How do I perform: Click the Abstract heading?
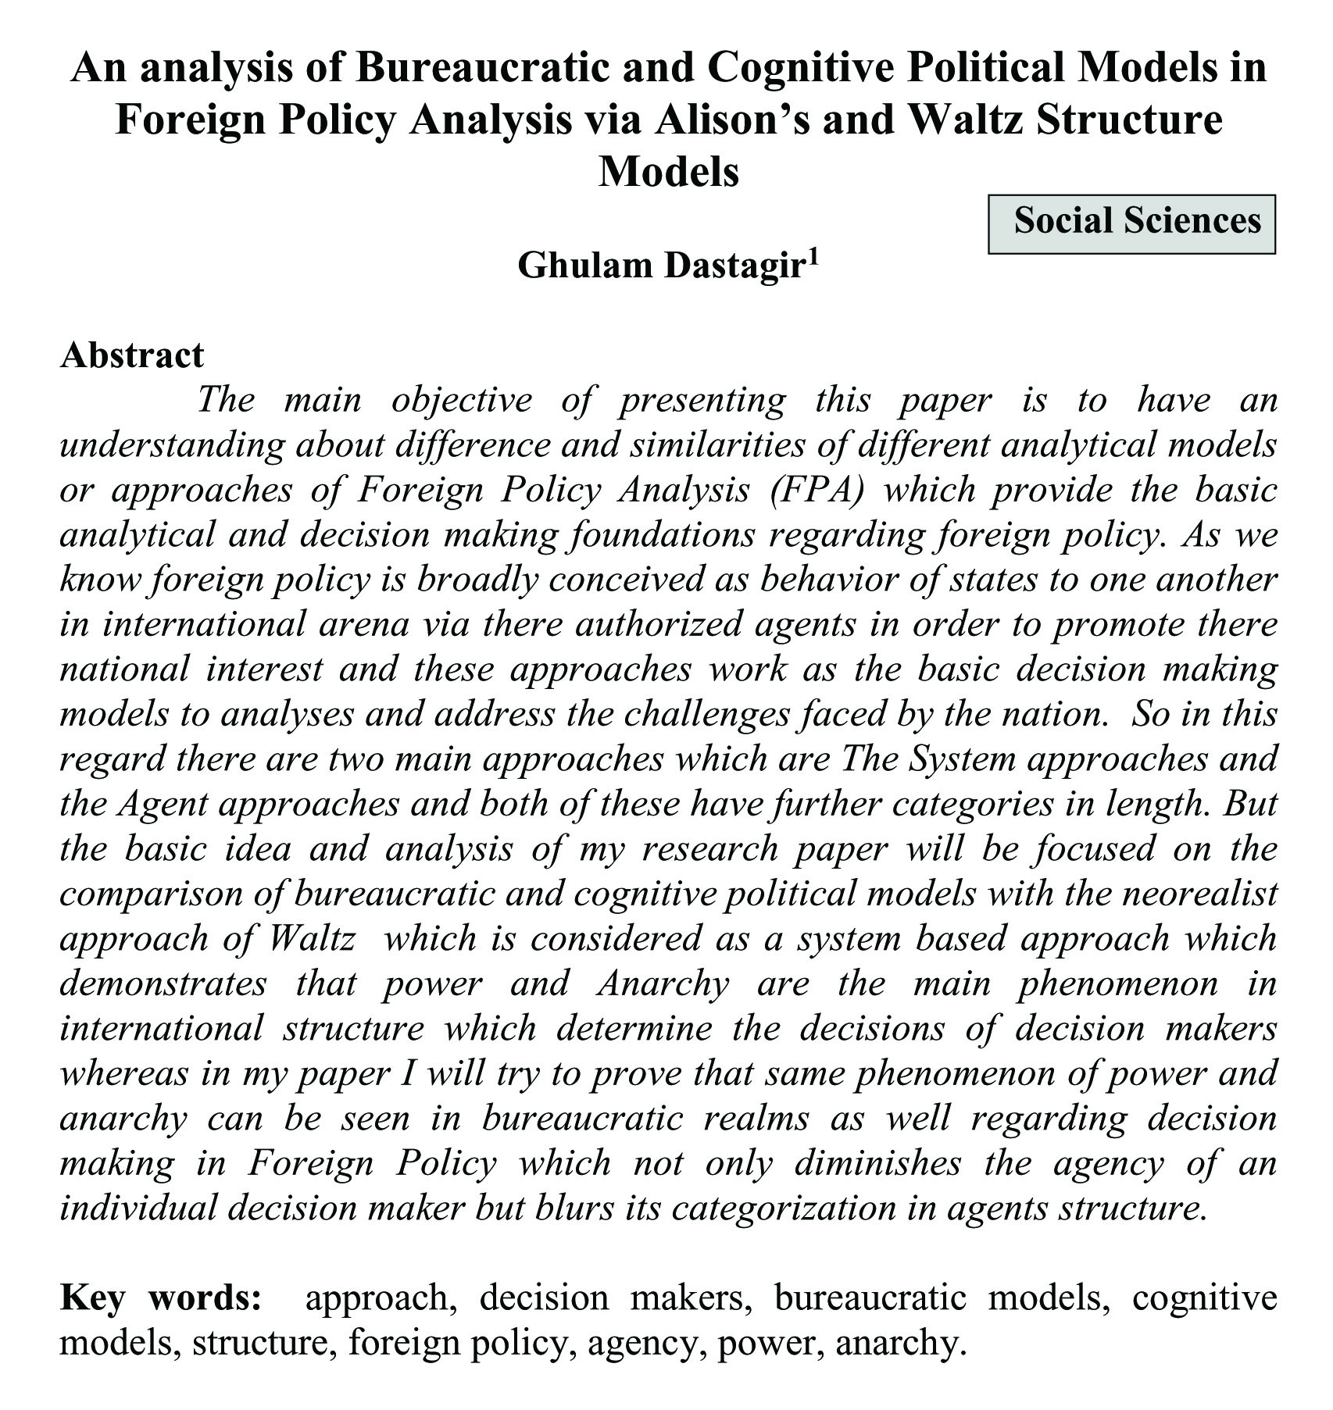[x=132, y=355]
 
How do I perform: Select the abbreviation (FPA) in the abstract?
[x=815, y=491]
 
